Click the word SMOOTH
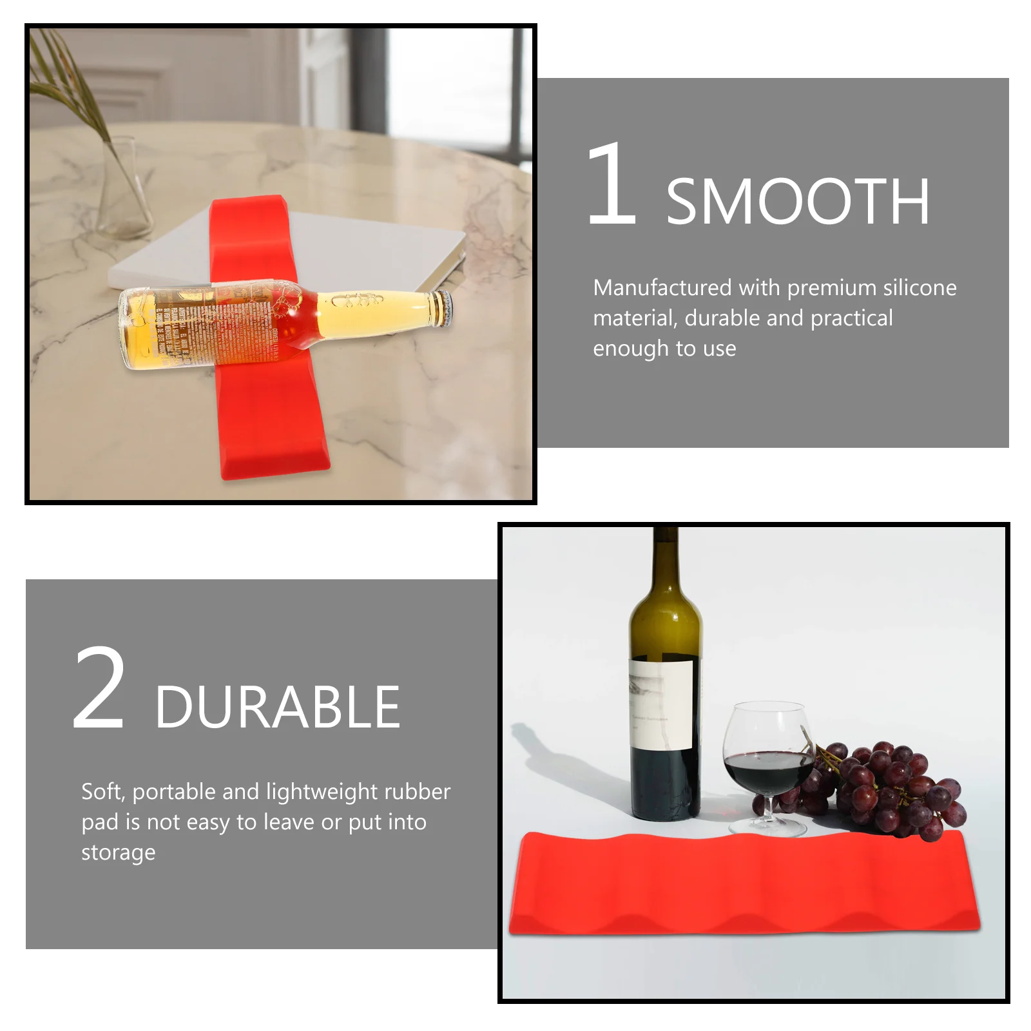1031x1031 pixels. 798,202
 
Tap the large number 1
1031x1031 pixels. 612,184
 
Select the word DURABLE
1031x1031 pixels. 277,708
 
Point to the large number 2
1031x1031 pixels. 99,689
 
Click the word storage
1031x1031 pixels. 119,853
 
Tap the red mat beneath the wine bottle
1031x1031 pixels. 744,883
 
